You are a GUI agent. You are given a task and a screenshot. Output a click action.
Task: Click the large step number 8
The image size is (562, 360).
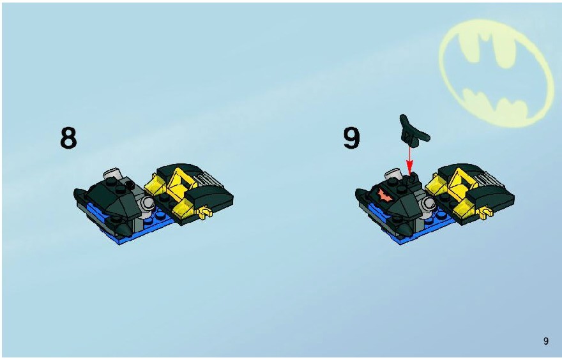click(x=68, y=138)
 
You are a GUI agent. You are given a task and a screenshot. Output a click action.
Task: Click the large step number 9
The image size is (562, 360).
click(x=351, y=138)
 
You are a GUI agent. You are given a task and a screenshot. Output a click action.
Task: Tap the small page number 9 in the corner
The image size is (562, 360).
click(x=546, y=341)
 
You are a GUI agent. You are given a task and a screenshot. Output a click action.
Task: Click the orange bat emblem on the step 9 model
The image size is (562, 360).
click(x=384, y=195)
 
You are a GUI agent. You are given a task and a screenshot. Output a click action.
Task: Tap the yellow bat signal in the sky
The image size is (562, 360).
click(x=496, y=73)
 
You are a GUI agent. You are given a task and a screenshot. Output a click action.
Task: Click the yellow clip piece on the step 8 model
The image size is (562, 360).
click(x=206, y=213)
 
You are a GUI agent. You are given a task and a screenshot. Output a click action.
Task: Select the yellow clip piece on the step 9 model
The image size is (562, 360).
click(x=487, y=213)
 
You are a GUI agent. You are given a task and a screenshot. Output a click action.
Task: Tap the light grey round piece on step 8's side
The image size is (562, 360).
click(x=147, y=204)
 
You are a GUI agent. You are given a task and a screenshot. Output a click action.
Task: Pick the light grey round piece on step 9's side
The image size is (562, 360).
click(x=428, y=204)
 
